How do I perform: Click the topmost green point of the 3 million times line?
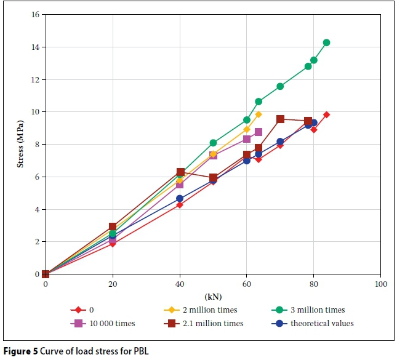point(326,42)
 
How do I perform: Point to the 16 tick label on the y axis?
point(36,14)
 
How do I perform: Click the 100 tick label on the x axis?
point(380,284)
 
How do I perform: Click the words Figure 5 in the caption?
point(20,351)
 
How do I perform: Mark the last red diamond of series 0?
point(326,114)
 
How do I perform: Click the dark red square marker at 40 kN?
point(180,172)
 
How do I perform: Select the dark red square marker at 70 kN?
point(280,119)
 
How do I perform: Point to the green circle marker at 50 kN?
point(213,143)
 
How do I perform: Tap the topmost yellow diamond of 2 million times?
point(259,114)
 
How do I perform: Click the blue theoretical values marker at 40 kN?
point(180,199)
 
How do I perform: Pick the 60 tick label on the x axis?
point(246,284)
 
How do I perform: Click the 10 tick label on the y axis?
point(36,112)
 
